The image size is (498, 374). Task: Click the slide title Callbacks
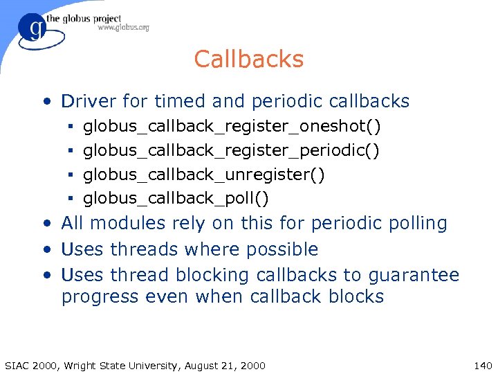click(249, 60)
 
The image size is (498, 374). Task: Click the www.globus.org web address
click(123, 28)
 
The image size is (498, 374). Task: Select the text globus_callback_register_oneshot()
click(232, 126)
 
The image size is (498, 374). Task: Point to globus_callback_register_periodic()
click(231, 150)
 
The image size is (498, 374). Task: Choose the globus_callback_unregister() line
click(203, 175)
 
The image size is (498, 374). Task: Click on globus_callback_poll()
click(176, 199)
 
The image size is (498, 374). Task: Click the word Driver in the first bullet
click(89, 102)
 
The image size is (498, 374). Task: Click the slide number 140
click(483, 366)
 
